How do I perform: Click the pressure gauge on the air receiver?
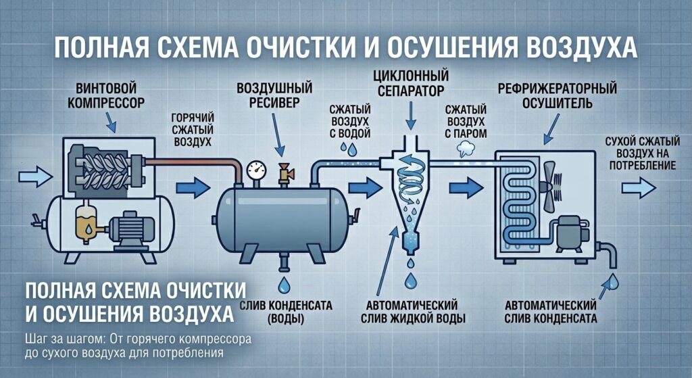coord(256,170)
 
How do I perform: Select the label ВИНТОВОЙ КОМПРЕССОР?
coord(106,96)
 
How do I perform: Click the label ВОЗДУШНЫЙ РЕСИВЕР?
coord(274,95)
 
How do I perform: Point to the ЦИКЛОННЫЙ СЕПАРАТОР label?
coord(410,83)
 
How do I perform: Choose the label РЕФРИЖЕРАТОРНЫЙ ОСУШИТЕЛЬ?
coord(558,95)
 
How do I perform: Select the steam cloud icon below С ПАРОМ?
coord(466,149)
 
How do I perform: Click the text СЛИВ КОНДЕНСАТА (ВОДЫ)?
coord(286,312)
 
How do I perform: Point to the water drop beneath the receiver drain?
coord(283,285)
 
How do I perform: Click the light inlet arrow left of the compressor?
coord(36,176)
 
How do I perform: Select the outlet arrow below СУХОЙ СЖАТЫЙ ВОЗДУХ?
coord(639,188)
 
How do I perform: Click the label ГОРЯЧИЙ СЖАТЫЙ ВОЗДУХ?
coord(193,130)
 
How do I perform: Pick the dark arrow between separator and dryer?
coord(466,187)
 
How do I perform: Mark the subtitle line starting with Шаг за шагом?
coord(138,339)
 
